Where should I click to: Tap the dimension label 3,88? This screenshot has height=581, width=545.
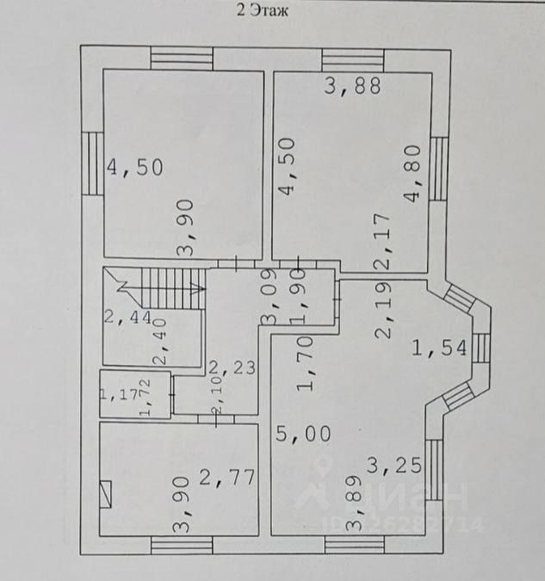[x=351, y=85]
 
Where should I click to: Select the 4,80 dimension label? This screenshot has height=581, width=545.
[x=415, y=184]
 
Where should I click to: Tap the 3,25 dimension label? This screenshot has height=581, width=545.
[x=394, y=466]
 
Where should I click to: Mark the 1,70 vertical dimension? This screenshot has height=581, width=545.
[x=304, y=365]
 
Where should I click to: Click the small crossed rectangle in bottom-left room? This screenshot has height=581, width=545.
[x=106, y=496]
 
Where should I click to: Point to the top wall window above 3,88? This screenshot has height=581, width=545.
[x=353, y=59]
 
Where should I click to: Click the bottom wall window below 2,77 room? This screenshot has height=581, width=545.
[x=181, y=545]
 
